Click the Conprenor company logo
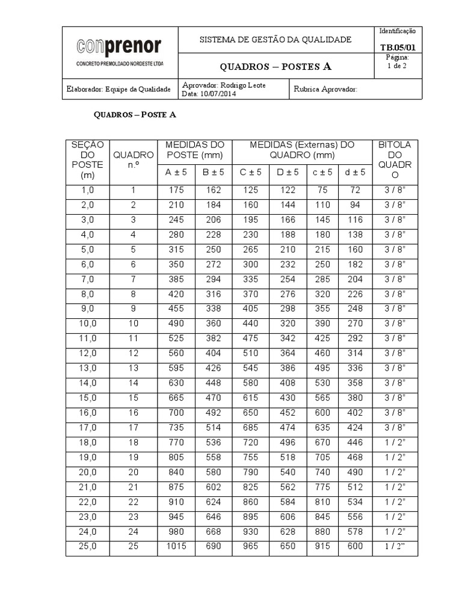120,47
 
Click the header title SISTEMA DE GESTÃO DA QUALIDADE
276,40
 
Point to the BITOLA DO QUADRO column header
395,160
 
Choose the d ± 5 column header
355,173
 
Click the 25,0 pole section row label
88,546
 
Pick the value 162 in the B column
214,190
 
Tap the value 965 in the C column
250,546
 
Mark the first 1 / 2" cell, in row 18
395,442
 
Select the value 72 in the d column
355,190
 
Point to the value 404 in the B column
214,353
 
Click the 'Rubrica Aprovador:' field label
325,89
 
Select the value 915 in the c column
322,546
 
